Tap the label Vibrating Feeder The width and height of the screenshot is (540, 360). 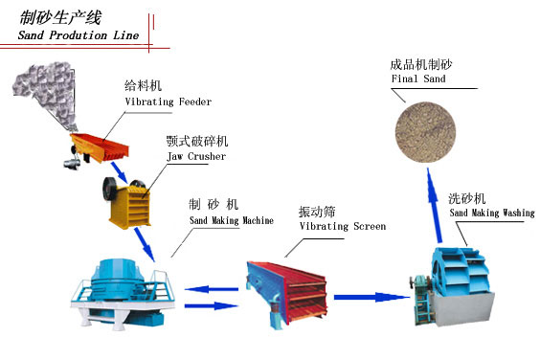[168, 101]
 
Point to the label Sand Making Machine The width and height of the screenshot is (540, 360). [231, 221]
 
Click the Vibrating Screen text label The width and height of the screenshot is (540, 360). [343, 227]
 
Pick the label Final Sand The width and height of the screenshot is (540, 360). [417, 80]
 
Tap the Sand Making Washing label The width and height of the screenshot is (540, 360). [490, 214]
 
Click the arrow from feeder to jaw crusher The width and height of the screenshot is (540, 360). [119, 173]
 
